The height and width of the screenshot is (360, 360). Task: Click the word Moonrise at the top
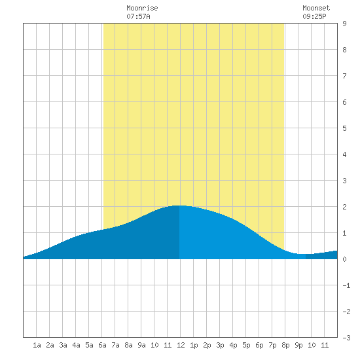coord(142,8)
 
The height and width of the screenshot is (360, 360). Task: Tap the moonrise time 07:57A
coord(138,16)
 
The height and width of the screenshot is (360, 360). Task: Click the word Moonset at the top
coord(316,8)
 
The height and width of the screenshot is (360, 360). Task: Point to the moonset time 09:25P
coord(314,16)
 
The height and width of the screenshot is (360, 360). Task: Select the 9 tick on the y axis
coord(344,24)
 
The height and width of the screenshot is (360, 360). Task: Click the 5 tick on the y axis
coord(344,128)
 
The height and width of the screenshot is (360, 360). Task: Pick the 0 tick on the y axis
coord(344,259)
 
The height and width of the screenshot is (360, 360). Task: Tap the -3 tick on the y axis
coord(346,338)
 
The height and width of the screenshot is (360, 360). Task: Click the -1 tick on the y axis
coord(346,285)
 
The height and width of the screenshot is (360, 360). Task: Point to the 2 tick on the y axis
coord(344,207)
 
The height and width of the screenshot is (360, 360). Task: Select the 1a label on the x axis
coord(37,345)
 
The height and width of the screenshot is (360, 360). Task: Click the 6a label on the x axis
coord(102,345)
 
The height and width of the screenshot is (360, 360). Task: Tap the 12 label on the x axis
coord(181,345)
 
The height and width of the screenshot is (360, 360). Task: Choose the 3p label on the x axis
coord(220,345)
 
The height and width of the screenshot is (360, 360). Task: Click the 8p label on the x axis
coord(285,345)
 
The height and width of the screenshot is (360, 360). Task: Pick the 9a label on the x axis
coord(141,345)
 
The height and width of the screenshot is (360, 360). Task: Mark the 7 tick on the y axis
coord(344,76)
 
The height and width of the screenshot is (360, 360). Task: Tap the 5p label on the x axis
coord(246,345)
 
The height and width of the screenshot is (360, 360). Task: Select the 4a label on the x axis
coord(76,345)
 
